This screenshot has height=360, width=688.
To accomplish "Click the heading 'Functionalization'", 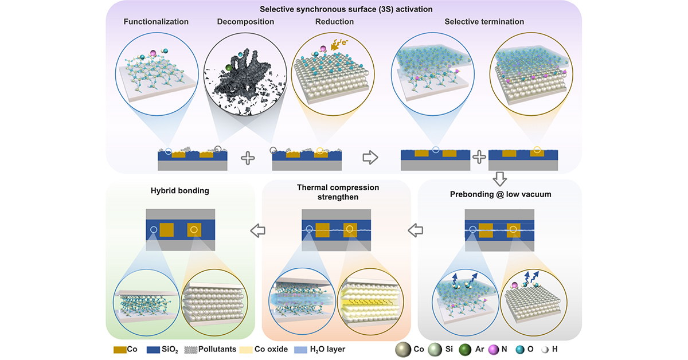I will tap(156, 22).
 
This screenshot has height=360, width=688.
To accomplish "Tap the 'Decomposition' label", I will tap(245, 22).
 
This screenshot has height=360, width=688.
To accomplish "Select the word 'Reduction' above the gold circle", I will tap(334, 22).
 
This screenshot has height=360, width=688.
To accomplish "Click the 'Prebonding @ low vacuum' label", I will tap(500, 194).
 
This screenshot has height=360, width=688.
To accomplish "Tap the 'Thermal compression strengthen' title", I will tap(338, 192).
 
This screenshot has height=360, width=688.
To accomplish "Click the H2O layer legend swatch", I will tap(302, 349).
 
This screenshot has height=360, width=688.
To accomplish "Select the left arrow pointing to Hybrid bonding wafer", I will tap(260, 230).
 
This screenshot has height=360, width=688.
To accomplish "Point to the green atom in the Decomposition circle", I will tap(229, 68).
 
